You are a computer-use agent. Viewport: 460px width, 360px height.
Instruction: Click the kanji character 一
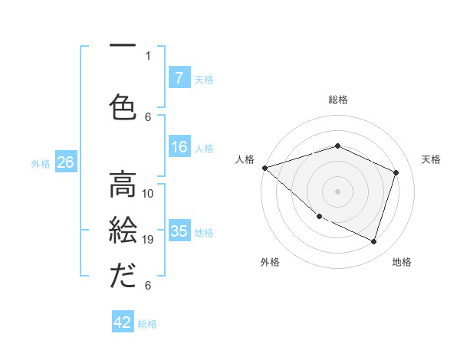(123, 44)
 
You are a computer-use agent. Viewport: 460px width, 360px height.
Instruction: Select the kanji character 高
(123, 184)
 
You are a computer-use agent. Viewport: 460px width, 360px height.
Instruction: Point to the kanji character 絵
(123, 231)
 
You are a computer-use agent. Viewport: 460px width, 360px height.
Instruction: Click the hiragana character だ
(123, 276)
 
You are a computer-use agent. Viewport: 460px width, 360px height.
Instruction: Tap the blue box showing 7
(179, 77)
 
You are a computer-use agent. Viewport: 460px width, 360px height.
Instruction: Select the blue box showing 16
(179, 148)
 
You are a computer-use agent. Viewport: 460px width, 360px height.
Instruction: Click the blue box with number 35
(179, 231)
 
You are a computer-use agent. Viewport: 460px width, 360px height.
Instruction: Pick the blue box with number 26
(65, 162)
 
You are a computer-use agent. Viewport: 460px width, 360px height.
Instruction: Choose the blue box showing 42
(122, 322)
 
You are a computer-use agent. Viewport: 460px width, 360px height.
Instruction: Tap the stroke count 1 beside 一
(148, 55)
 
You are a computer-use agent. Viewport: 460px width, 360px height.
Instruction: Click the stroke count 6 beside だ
(148, 286)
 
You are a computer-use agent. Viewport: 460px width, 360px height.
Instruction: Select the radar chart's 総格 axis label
(338, 100)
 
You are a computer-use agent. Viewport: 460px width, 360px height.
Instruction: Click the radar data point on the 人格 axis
(264, 167)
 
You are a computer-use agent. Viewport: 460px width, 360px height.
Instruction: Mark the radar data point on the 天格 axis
(396, 172)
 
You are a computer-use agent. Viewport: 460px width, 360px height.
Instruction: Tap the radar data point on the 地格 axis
(373, 241)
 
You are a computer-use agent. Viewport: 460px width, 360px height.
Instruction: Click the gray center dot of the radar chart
(338, 191)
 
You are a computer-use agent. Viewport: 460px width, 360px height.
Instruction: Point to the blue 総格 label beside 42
(147, 324)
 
